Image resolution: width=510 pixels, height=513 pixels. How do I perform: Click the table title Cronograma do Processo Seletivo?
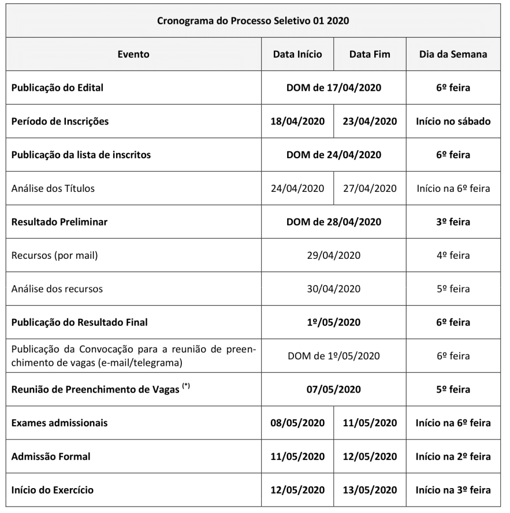253,21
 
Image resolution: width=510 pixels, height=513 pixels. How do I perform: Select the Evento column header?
133,54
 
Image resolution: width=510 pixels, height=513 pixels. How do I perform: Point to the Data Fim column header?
370,54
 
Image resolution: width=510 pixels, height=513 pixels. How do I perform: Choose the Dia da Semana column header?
453,54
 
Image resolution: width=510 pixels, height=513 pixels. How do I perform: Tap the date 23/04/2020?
370,121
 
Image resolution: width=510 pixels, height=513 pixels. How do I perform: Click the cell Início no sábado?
453,121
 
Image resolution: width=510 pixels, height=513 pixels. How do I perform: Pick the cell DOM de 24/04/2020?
333,155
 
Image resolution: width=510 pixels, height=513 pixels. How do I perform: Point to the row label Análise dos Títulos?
53,188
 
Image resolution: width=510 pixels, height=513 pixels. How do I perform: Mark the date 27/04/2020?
370,188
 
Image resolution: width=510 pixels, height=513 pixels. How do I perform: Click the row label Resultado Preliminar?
59,222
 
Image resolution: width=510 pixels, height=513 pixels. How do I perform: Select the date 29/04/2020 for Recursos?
333,255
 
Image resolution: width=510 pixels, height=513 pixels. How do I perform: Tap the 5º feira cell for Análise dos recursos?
453,289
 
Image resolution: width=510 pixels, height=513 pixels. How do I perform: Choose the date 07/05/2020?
333,389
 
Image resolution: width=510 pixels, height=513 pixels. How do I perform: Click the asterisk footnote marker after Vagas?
186,386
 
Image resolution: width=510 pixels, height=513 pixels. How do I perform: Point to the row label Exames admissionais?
60,423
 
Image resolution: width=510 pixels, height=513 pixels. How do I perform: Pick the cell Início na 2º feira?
453,456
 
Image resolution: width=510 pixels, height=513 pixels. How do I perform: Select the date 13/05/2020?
370,490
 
